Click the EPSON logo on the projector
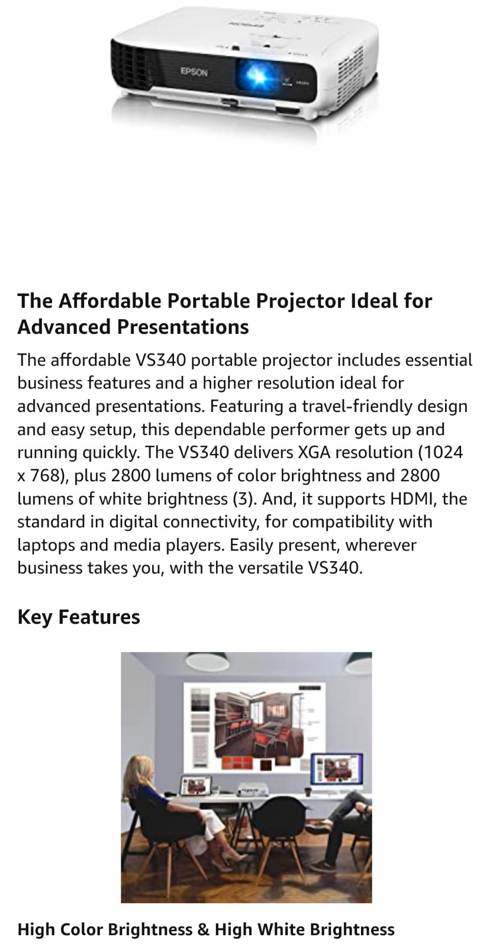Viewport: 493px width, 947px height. coord(194,72)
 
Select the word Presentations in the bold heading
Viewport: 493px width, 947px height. coord(183,327)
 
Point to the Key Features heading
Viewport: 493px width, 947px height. coord(79,617)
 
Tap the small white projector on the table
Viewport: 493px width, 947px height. coord(250,790)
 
